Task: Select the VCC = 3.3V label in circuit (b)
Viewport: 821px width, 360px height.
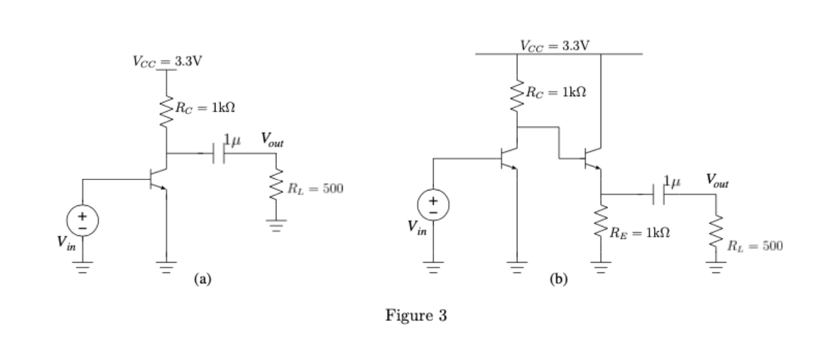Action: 555,45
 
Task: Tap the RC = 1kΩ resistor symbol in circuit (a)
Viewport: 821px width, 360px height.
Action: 165,109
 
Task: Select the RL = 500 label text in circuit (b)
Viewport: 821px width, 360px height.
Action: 756,246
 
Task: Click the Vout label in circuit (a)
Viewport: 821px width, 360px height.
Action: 271,140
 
